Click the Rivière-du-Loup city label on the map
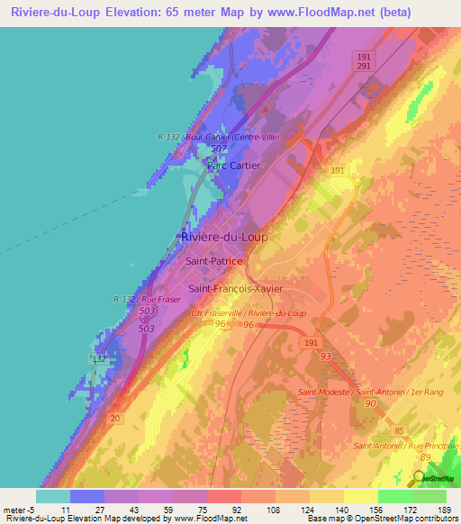(224, 237)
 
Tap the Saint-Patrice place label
(214, 260)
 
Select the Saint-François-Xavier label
(235, 288)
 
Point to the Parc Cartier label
(233, 166)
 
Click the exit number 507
(218, 149)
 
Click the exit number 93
(325, 357)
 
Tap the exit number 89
(425, 459)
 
